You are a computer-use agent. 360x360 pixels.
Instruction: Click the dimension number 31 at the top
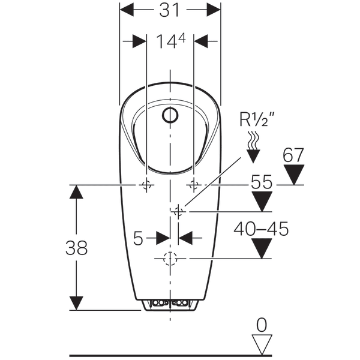coord(170,10)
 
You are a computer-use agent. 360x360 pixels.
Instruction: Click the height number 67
coord(294,155)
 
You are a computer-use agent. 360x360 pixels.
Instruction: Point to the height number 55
coord(262,182)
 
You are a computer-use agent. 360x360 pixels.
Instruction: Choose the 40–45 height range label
coord(262,229)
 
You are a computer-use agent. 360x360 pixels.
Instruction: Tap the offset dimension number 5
coord(139,238)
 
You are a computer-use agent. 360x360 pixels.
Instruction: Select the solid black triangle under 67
coord(293,175)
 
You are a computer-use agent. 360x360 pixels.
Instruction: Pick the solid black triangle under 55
coord(262,202)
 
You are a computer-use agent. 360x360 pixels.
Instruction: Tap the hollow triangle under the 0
coord(260,344)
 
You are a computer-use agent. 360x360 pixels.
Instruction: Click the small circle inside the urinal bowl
coord(171,113)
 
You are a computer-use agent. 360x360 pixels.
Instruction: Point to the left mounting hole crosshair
coord(146,185)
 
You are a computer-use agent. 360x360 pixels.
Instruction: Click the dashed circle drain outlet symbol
coord(170,259)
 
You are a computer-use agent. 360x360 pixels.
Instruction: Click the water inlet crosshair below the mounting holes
coord(178,211)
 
